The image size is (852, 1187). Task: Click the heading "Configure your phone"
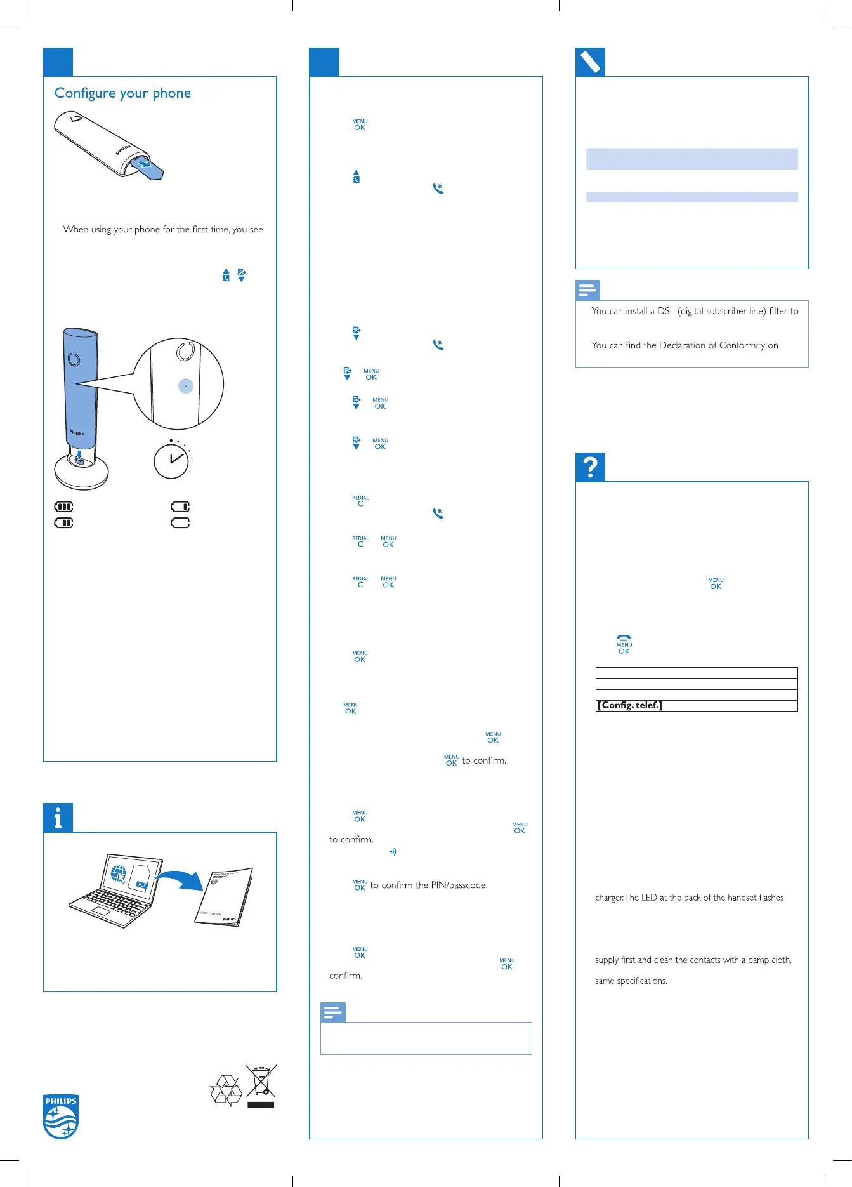122,93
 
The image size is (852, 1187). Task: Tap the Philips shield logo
61,1116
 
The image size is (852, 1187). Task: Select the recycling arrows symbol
226,1091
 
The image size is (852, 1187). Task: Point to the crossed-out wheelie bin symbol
261,1082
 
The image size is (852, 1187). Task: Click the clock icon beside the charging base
172,460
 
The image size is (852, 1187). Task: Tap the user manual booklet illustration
223,897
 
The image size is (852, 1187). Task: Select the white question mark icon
590,467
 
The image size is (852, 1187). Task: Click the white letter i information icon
58,818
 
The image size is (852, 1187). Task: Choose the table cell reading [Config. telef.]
696,706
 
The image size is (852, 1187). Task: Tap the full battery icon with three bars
64,507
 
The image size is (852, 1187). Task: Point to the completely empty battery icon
180,522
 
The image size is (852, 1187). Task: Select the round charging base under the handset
81,471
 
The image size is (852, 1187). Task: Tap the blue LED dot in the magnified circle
185,386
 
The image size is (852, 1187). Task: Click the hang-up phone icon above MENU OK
624,638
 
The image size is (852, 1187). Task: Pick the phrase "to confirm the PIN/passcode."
428,885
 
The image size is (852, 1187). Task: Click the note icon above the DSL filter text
587,291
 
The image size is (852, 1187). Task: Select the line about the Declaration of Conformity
685,345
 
